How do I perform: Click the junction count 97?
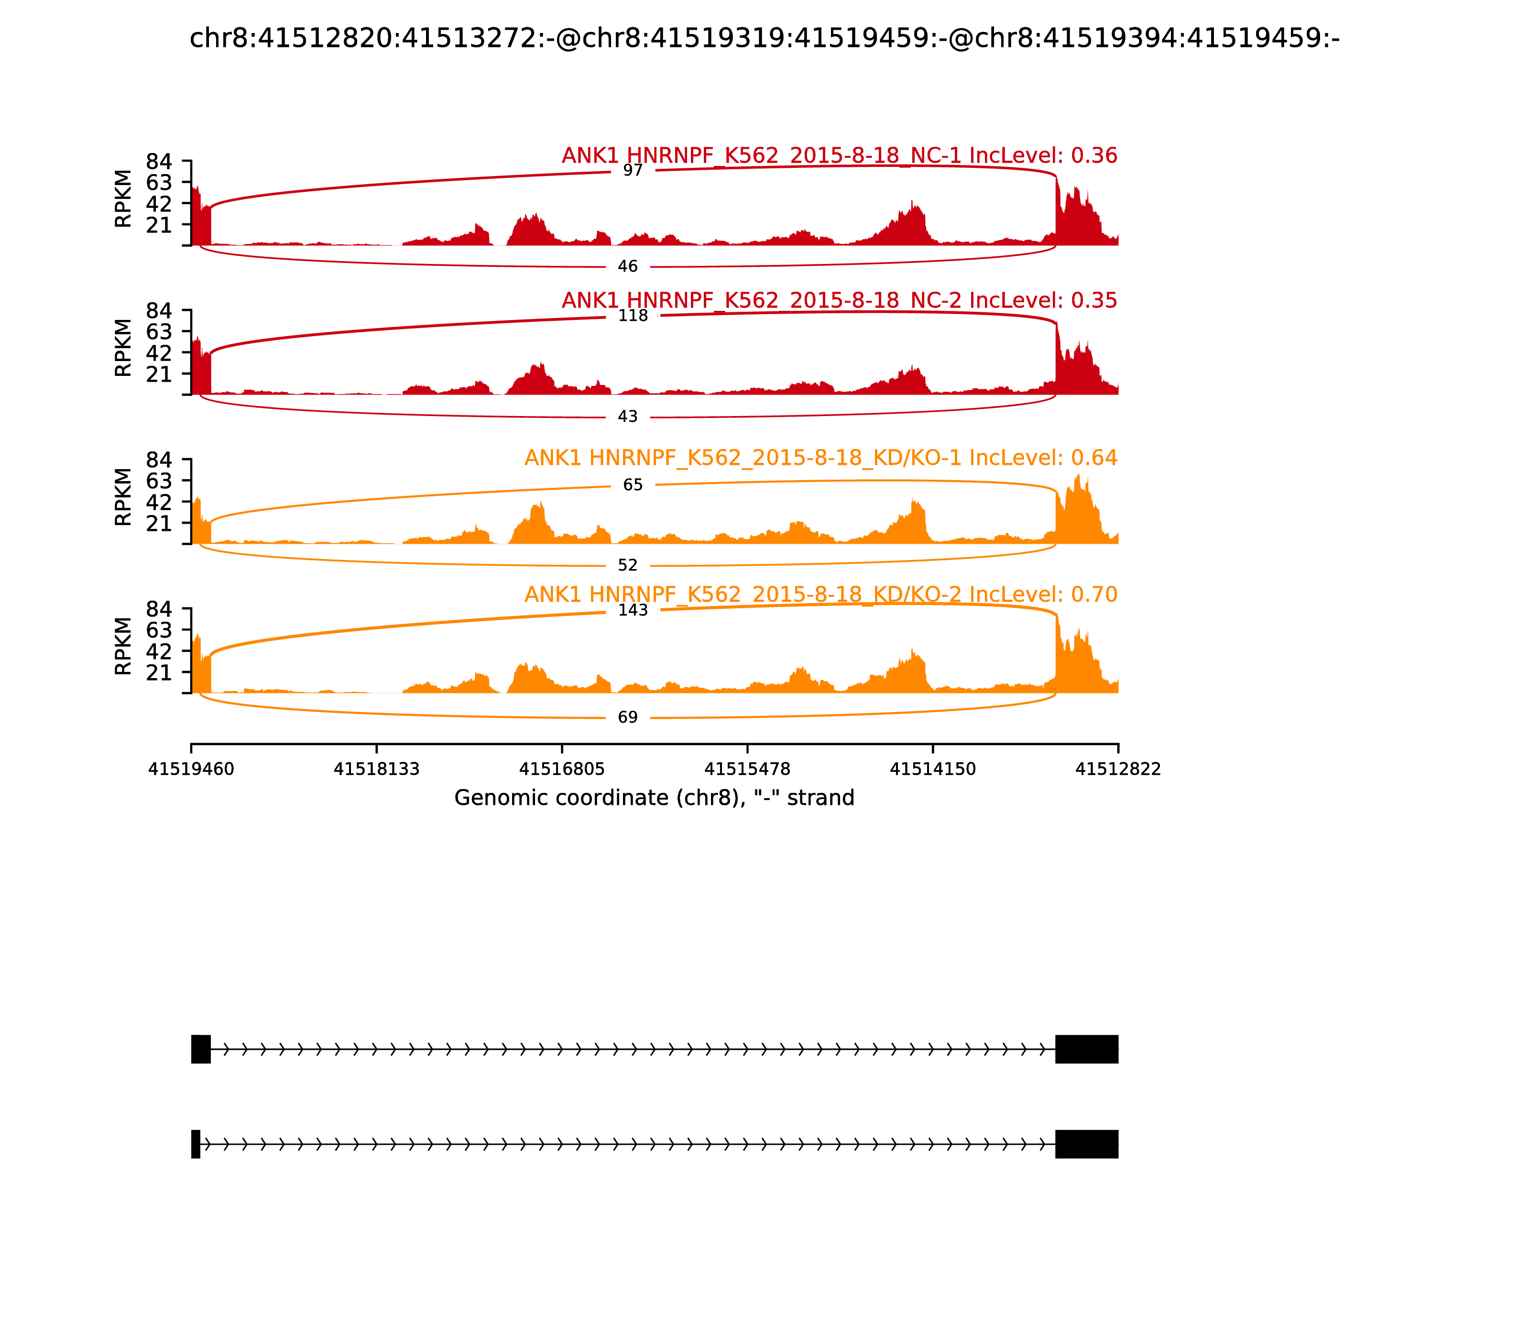[633, 170]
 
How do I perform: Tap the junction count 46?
[627, 267]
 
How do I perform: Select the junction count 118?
[633, 316]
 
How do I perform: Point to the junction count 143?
[633, 611]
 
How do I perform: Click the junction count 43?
[627, 417]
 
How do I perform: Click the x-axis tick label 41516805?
[562, 769]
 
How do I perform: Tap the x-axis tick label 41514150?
[932, 769]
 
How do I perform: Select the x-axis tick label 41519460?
[191, 769]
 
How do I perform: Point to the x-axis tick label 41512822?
[1118, 769]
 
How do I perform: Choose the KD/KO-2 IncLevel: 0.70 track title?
[820, 595]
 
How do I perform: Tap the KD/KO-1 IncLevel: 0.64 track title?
[820, 458]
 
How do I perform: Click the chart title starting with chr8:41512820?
[764, 38]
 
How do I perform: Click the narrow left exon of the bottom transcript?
[196, 1144]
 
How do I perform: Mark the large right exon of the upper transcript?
[1086, 1049]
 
